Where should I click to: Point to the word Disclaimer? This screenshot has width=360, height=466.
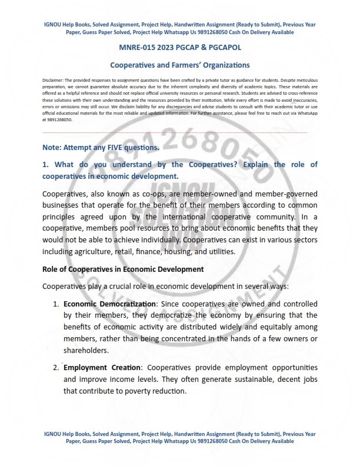coord(54,78)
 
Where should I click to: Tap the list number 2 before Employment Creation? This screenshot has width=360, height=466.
coord(56,368)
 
